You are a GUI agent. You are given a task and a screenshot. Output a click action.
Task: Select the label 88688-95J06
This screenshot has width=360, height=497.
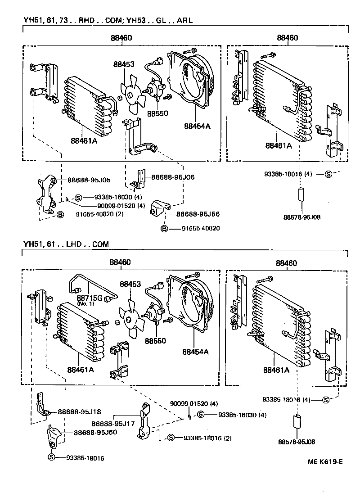(172, 177)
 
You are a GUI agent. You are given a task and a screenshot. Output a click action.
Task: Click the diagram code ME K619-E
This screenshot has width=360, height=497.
(325, 461)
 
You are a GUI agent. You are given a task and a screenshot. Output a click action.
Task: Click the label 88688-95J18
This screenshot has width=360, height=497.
(79, 411)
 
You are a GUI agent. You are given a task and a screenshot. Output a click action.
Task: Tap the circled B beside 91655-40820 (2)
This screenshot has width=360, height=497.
(59, 214)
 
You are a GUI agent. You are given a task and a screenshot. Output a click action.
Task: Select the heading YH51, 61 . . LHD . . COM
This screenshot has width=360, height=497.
(66, 244)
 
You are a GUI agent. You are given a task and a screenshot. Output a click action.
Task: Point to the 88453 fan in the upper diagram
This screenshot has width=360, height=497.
(130, 95)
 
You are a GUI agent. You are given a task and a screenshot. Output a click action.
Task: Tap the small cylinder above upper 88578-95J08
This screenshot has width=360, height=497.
(301, 196)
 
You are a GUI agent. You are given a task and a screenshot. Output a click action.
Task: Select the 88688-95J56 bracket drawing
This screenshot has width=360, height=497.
(160, 206)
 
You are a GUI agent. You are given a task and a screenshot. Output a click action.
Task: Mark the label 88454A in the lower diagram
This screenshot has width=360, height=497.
(196, 351)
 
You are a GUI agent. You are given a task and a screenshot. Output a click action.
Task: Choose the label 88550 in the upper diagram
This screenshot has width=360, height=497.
(157, 113)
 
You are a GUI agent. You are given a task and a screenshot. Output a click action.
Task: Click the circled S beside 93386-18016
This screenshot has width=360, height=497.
(51, 457)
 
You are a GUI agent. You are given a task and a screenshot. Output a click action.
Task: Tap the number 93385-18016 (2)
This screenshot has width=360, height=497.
(207, 438)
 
